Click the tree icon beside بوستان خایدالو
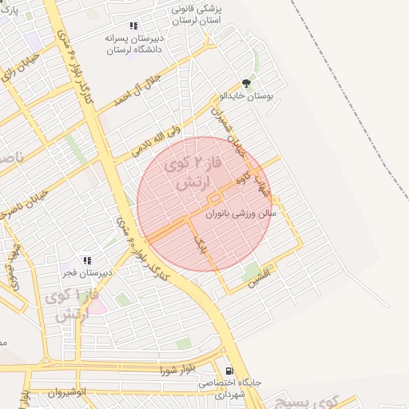point(245,83)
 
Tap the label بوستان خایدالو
point(248,96)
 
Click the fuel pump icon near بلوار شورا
point(230,371)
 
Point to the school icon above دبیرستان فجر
point(87,260)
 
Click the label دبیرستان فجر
point(89,272)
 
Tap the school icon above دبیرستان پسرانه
point(133,26)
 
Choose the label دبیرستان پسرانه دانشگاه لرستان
point(133,43)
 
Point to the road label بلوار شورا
point(177,369)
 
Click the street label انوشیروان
point(66,393)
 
